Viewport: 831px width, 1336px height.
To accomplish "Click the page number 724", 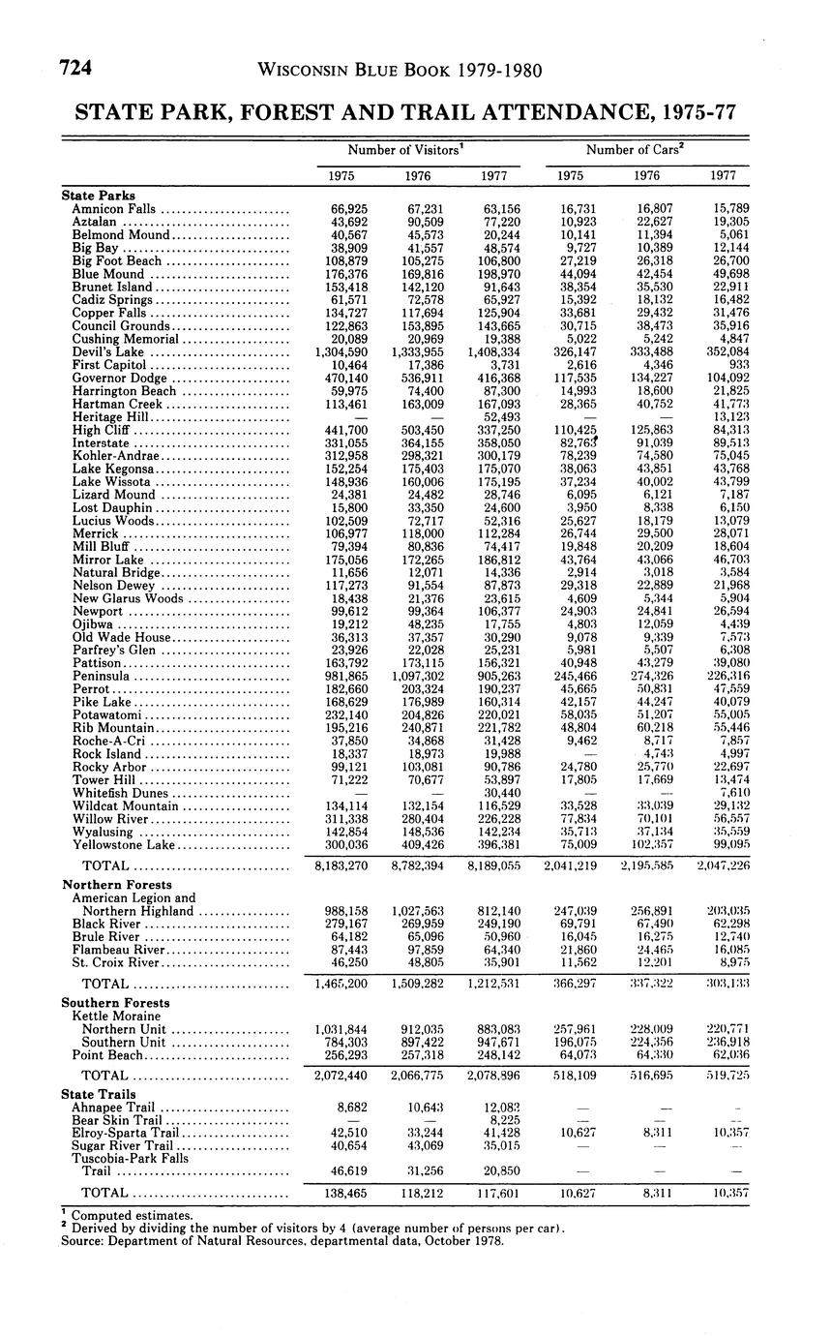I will [x=75, y=69].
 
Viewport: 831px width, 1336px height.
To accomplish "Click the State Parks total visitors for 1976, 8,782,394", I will [x=418, y=865].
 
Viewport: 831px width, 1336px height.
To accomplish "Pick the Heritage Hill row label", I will [x=101, y=417].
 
